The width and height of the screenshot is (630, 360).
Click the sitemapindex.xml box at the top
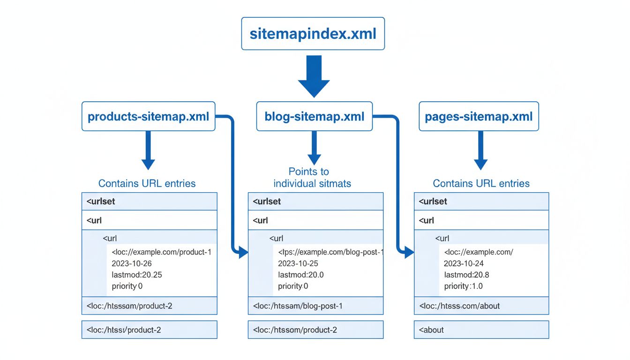(313, 34)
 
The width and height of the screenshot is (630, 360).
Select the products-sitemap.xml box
(148, 116)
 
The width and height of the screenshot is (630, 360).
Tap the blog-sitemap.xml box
(314, 116)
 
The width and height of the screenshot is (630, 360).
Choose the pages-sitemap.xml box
(479, 116)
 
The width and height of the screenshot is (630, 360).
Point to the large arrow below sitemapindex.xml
(314, 75)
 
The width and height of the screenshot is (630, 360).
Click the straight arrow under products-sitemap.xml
(148, 150)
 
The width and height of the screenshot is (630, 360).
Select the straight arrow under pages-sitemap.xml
(480, 150)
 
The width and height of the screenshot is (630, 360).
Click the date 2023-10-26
(132, 263)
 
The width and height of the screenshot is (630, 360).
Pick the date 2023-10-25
(298, 263)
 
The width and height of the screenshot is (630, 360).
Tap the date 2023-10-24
(464, 263)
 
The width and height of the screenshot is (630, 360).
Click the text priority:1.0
(463, 286)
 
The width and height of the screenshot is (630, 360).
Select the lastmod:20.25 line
(137, 275)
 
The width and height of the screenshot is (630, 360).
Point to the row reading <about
(481, 330)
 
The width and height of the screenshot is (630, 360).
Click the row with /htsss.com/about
(481, 306)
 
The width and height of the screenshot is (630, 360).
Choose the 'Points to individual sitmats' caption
(312, 178)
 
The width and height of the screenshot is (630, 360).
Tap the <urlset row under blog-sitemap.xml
(315, 202)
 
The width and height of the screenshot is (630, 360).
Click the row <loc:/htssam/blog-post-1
(315, 306)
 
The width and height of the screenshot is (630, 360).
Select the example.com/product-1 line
(162, 252)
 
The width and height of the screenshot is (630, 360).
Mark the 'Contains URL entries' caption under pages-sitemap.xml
(481, 183)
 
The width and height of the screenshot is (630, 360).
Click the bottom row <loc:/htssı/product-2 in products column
(149, 330)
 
